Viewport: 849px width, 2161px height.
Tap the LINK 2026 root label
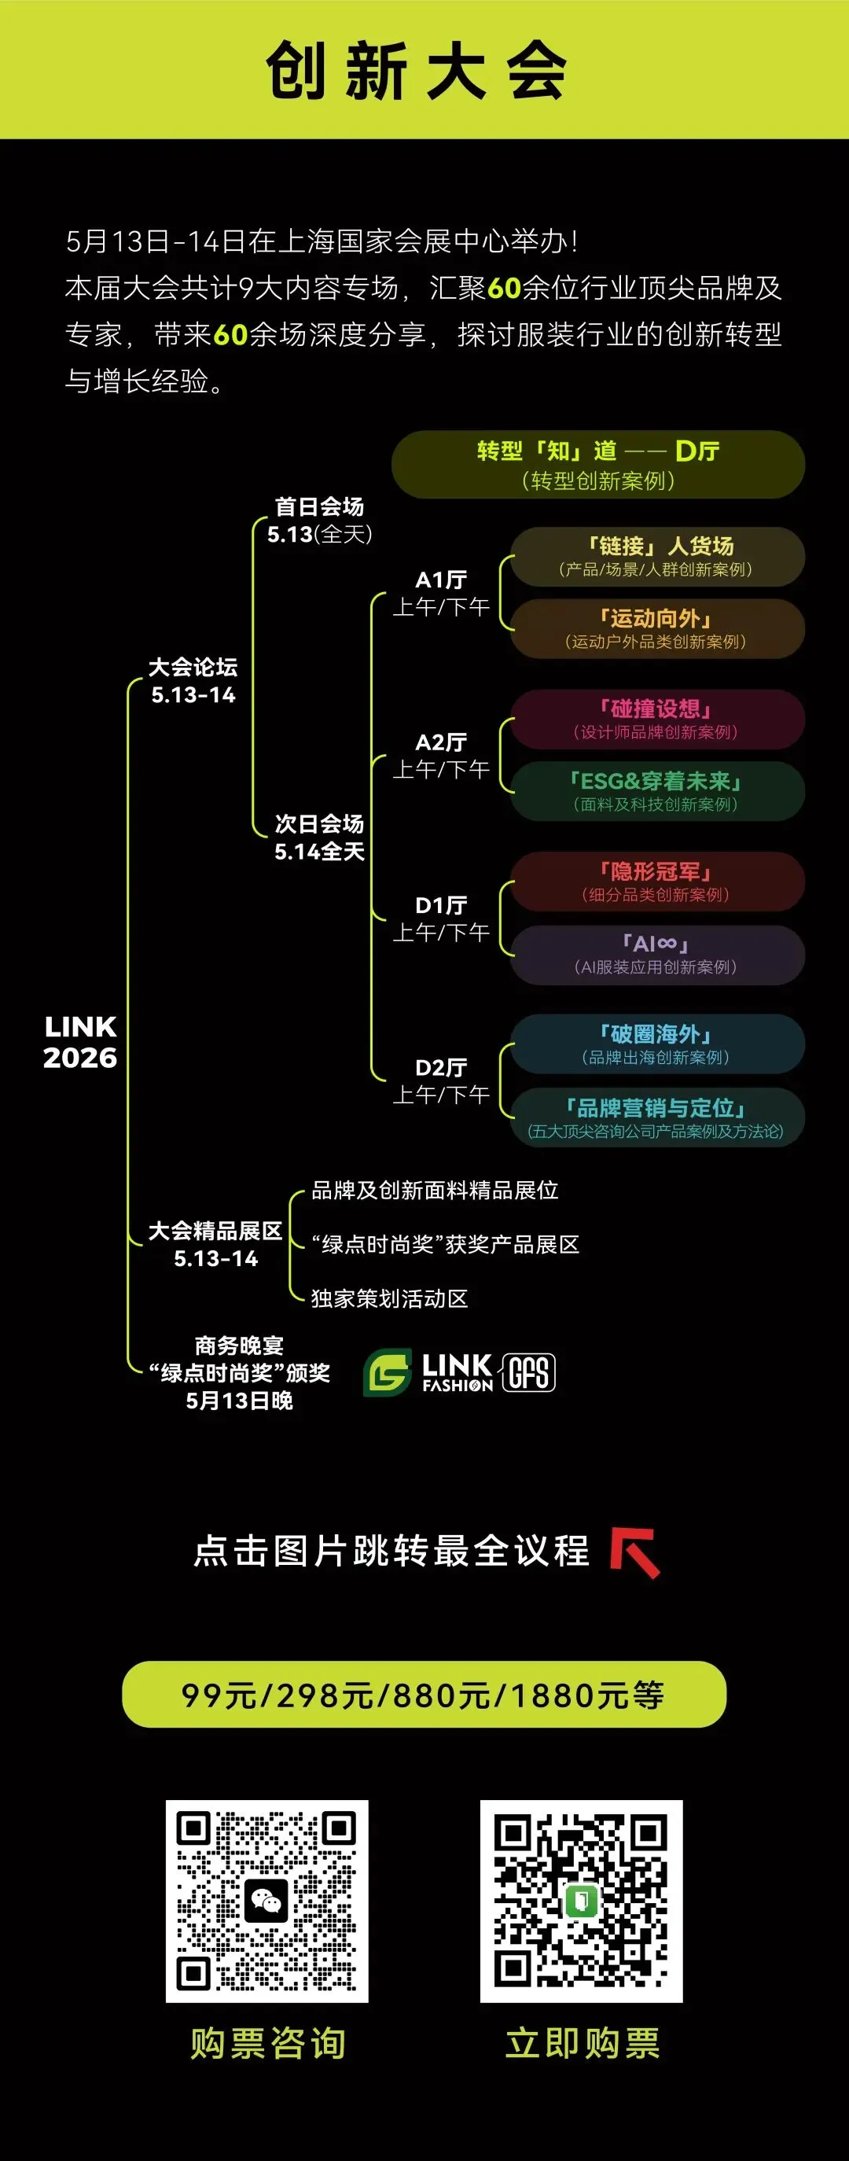79,1042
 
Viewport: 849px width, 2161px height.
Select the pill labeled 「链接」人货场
658,556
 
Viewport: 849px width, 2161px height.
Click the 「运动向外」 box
658,628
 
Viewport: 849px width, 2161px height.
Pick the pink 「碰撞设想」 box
658,719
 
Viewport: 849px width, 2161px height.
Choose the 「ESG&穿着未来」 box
658,791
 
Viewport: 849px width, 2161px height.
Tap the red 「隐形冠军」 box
658,882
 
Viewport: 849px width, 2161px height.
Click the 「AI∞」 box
658,955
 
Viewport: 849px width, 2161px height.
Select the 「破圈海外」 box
658,1044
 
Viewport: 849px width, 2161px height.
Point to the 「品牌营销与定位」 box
658,1117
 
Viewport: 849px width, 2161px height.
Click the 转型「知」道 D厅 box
598,465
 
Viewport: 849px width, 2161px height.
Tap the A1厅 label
441,592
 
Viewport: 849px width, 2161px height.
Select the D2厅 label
441,1080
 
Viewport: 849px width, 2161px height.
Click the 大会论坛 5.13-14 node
193,680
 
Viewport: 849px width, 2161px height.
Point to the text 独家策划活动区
389,1298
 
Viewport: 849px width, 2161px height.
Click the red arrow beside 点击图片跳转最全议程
635,1552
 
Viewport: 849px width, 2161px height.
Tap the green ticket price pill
424,1695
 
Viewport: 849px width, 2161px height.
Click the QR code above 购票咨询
266,1901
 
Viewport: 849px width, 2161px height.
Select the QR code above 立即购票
582,1901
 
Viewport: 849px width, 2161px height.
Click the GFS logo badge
529,1372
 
